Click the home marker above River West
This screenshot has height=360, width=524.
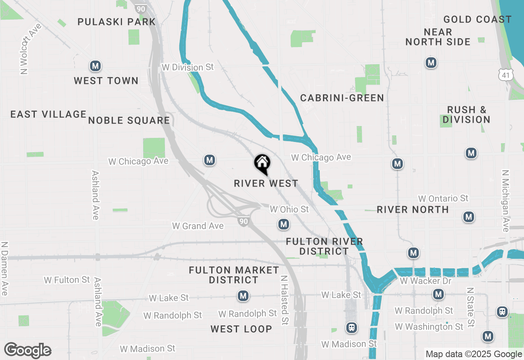coord(262,164)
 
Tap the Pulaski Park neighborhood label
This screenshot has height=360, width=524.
coord(117,22)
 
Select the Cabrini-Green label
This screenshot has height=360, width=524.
coord(342,98)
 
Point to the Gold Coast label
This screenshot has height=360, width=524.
coord(477,19)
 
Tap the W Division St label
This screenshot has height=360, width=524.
coord(187,67)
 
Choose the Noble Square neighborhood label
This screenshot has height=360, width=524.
coord(129,120)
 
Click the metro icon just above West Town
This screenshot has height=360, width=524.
coord(95,66)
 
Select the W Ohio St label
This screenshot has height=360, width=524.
coord(289,209)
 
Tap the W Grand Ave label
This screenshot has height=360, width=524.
coord(198,226)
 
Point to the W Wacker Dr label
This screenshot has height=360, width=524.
coord(425,281)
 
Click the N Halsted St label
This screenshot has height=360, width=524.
coord(284,300)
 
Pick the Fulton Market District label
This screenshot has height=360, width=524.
coord(234,275)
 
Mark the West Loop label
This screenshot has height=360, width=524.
coord(241,329)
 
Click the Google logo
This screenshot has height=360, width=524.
coord(28,351)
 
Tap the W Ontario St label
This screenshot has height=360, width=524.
coord(443,198)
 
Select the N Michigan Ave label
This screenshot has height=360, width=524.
coord(505,201)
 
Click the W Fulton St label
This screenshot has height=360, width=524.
coord(67,280)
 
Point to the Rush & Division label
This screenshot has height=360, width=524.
coord(466,115)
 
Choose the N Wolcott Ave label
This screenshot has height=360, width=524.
coord(25,49)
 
